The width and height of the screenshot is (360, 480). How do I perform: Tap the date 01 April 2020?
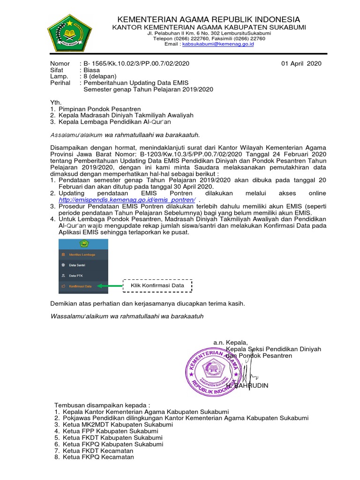[x=301, y=64]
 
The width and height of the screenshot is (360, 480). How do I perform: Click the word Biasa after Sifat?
[x=91, y=70]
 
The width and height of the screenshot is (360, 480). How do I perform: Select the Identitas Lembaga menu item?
[x=82, y=255]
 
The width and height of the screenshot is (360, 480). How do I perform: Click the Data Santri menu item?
[x=78, y=265]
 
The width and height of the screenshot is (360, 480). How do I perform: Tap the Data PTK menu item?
[x=76, y=276]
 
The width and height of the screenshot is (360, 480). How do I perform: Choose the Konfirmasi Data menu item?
[x=80, y=285]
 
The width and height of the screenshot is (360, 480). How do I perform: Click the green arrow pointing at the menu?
[x=109, y=285]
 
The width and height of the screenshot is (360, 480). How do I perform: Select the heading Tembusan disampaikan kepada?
[x=102, y=405]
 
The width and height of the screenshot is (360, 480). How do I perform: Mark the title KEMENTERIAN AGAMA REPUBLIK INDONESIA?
[x=209, y=19]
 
